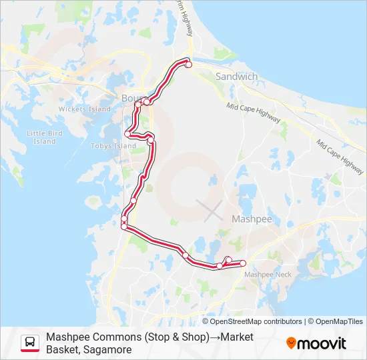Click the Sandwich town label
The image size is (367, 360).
pyautogui.click(x=236, y=77)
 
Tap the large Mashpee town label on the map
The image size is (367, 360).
pyautogui.click(x=250, y=219)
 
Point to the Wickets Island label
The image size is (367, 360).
pyautogui.click(x=84, y=109)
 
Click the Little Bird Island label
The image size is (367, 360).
pyautogui.click(x=45, y=137)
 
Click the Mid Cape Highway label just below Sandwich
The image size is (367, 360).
pyautogui.click(x=254, y=113)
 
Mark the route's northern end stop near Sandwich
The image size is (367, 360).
pyautogui.click(x=189, y=65)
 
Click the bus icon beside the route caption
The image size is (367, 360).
pyautogui.click(x=30, y=343)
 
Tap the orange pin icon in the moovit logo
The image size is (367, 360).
pyautogui.click(x=291, y=343)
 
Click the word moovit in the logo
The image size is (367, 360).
pyautogui.click(x=322, y=343)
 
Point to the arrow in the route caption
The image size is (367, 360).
pyautogui.click(x=216, y=337)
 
